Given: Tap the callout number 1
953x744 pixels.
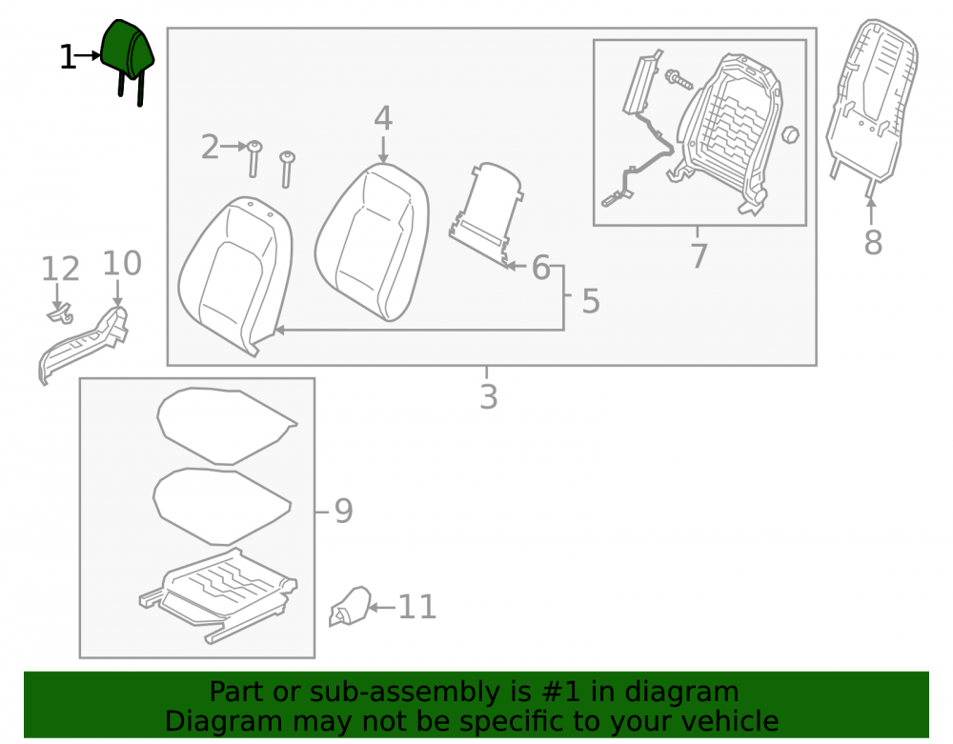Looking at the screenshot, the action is point(68,58).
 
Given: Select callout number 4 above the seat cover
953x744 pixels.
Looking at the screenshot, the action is point(383,118).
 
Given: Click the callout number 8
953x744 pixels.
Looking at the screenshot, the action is point(873,242).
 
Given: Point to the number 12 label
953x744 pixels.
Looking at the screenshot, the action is point(60,269).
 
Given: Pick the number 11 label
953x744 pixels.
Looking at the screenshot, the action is point(417,607).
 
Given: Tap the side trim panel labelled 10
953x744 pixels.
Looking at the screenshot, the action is point(83,344).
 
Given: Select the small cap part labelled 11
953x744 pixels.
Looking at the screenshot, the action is point(350,606).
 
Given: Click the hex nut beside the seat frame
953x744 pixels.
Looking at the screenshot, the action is point(789,135).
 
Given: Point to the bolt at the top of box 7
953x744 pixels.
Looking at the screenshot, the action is point(679,79).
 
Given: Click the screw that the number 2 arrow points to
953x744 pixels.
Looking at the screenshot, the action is point(254,158).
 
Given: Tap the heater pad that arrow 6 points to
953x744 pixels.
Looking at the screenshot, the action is point(487,214).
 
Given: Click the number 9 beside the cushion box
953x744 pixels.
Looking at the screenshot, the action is point(343,511).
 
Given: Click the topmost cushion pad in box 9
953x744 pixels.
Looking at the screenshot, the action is point(226,426).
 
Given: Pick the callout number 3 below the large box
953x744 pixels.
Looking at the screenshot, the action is point(489,396).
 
